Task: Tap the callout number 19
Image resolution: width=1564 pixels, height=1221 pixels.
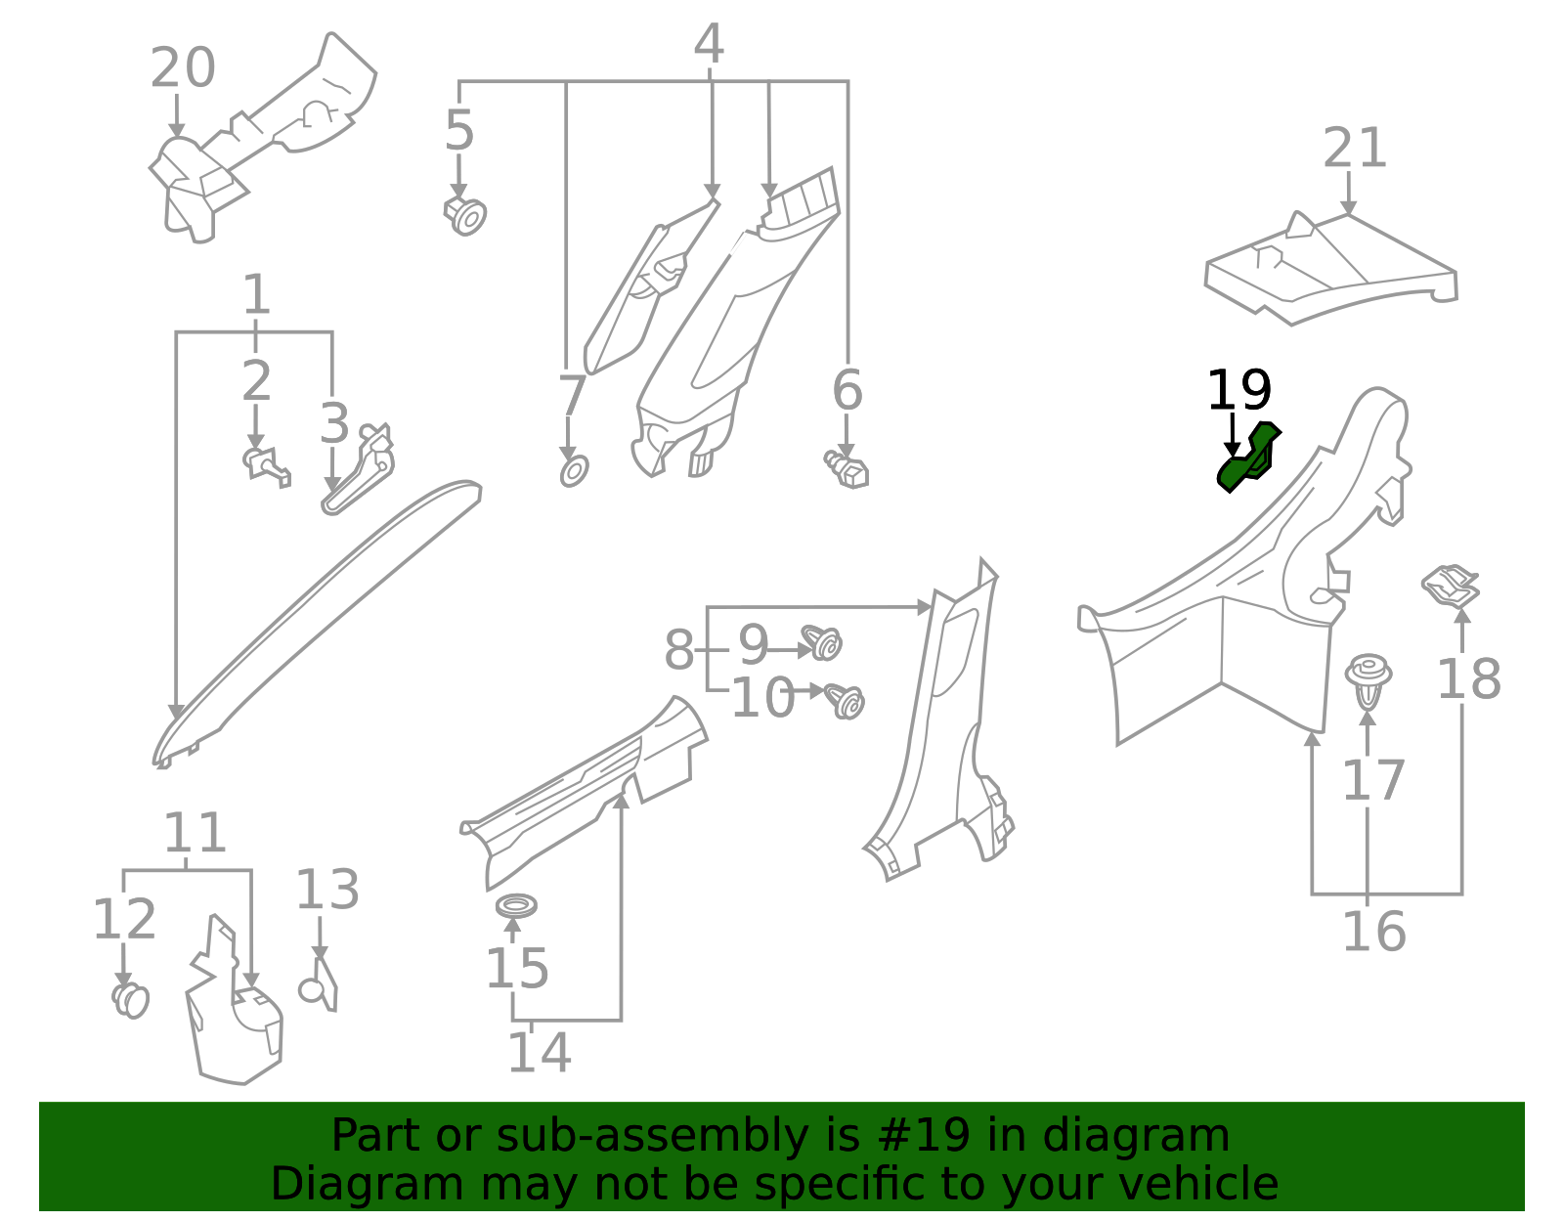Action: [1238, 391]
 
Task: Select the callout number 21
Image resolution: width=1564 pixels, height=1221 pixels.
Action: [1354, 149]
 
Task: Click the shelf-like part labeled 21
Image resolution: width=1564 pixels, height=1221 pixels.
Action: [1329, 269]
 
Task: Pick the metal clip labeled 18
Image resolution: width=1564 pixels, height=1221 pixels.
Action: [1451, 586]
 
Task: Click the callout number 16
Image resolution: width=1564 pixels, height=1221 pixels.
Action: [1373, 932]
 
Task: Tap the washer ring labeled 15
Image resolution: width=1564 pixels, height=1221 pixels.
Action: [516, 905]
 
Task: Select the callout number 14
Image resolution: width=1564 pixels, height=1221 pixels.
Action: [539, 1053]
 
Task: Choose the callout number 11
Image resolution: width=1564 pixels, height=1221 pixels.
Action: [195, 833]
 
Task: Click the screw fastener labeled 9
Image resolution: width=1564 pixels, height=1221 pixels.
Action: [823, 643]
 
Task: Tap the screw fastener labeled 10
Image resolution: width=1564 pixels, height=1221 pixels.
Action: [845, 700]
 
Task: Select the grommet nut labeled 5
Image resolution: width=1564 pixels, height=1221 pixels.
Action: [466, 216]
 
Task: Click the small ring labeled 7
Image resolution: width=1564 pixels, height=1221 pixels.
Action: [574, 470]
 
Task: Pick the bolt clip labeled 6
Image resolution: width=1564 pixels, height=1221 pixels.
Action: [847, 470]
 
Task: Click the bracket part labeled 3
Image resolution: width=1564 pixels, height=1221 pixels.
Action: [360, 470]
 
